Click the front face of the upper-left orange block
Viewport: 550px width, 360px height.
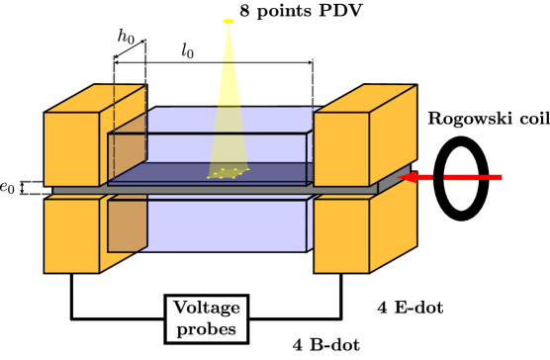[x=71, y=148]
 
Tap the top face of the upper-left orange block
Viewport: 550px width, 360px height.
[x=95, y=99]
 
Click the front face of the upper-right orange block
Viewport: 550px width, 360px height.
[x=341, y=148]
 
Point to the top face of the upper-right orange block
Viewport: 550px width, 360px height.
[x=365, y=98]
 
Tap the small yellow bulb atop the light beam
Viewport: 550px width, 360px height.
[x=229, y=21]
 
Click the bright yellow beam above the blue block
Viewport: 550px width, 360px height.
[x=229, y=79]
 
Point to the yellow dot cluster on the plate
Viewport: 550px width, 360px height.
[x=228, y=173]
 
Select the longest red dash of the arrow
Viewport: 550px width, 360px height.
[x=461, y=178]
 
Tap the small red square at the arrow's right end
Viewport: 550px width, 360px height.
[x=496, y=178]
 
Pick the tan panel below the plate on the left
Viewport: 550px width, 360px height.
[x=127, y=225]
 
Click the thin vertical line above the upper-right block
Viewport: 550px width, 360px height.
[x=313, y=84]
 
